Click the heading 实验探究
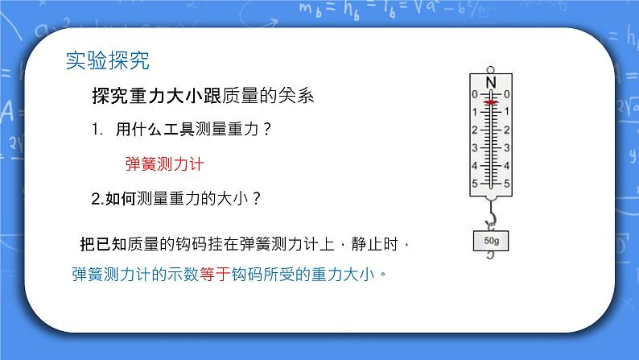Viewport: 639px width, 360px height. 107,60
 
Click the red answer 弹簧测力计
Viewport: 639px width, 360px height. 165,163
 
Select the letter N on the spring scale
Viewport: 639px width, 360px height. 490,82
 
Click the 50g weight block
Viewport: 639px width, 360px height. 490,240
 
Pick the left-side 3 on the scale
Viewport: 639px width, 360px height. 474,147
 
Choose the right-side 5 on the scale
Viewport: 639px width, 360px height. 507,184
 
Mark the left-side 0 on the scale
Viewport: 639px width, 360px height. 474,94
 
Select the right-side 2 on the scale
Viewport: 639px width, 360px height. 507,130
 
